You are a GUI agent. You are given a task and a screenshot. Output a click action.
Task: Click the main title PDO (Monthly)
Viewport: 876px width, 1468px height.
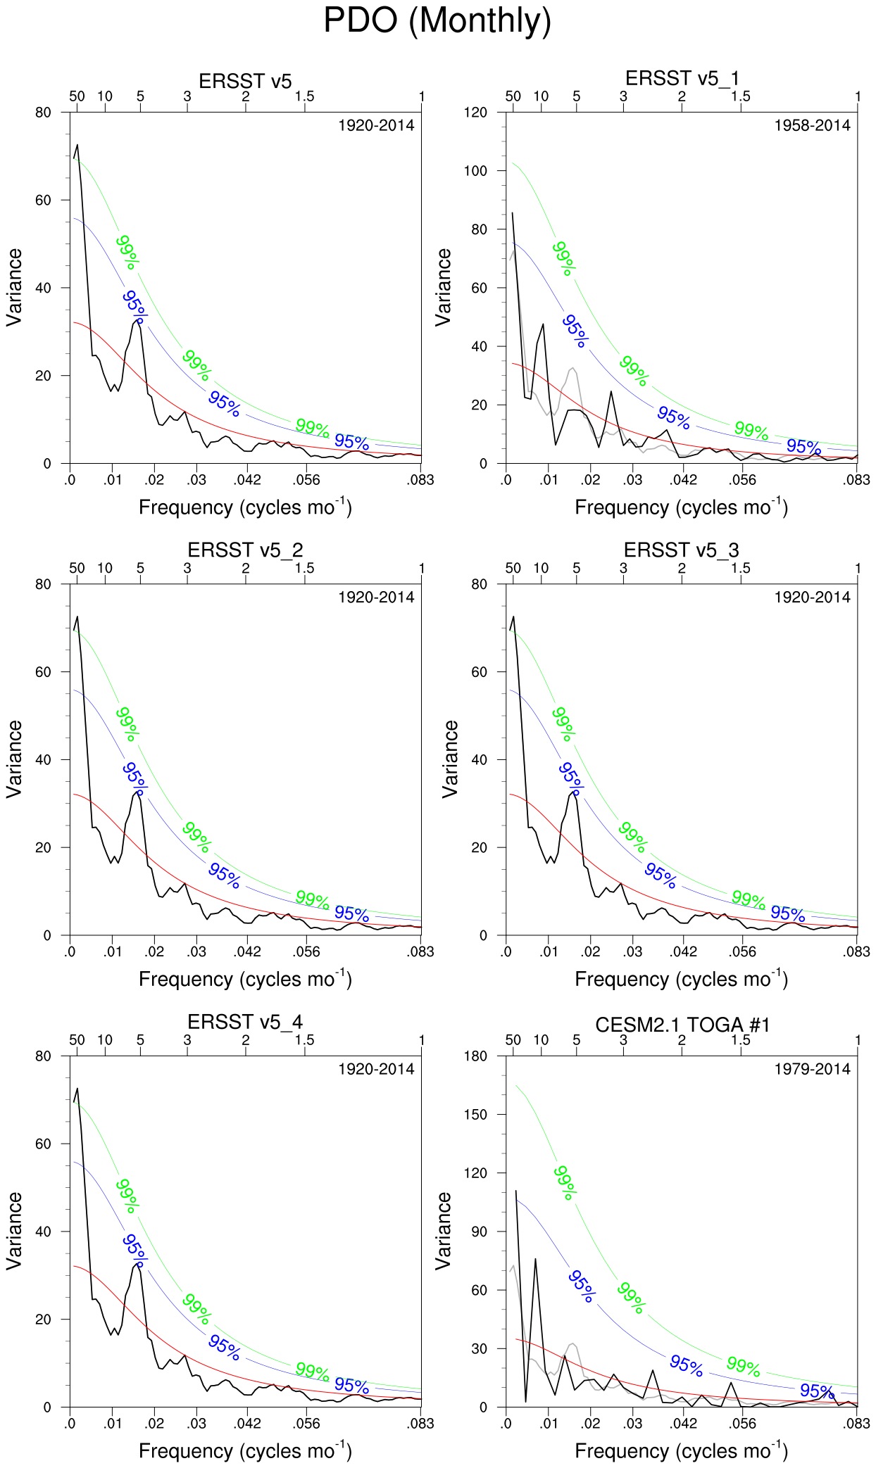[437, 21]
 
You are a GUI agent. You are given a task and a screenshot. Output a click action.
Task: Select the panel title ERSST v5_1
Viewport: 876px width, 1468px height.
[682, 78]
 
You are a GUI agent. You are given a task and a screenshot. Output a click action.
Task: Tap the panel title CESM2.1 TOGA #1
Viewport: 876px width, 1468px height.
[682, 1025]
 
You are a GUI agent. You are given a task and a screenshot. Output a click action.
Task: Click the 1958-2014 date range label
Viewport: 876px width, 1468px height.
[812, 126]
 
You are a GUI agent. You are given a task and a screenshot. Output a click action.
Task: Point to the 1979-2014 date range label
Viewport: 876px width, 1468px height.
[812, 1070]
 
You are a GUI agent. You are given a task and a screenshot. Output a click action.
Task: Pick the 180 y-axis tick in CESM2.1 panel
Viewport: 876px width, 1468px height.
[477, 1056]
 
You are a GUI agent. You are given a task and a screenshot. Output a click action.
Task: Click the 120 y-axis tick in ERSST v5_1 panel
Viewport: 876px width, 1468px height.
[477, 113]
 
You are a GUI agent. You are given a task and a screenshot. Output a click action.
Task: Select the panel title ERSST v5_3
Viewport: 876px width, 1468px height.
[682, 550]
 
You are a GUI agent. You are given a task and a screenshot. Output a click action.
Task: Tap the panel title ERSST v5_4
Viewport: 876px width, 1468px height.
[245, 1022]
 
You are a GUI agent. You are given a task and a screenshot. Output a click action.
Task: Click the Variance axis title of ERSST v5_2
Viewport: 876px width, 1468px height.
[14, 759]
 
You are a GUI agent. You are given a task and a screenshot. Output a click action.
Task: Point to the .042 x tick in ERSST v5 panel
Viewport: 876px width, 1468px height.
[248, 481]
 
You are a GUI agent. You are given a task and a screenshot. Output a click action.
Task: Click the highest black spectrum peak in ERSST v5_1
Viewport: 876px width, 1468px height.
[512, 213]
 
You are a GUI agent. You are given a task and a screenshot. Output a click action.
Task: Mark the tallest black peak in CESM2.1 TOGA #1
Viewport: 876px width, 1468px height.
[516, 1191]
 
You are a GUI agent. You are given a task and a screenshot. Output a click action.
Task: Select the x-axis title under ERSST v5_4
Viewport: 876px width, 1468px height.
[245, 1451]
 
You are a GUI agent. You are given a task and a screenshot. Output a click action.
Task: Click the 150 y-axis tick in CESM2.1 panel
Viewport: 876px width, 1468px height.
[477, 1115]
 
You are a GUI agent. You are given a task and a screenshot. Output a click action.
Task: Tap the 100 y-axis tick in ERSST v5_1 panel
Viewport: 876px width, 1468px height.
[477, 171]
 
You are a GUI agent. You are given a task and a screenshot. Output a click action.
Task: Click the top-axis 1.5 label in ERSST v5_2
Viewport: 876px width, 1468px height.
[304, 568]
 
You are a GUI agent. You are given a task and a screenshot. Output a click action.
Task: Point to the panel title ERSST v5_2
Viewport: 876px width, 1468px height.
[245, 550]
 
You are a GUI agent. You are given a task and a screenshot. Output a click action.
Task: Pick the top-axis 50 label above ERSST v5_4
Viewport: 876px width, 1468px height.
[77, 1040]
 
